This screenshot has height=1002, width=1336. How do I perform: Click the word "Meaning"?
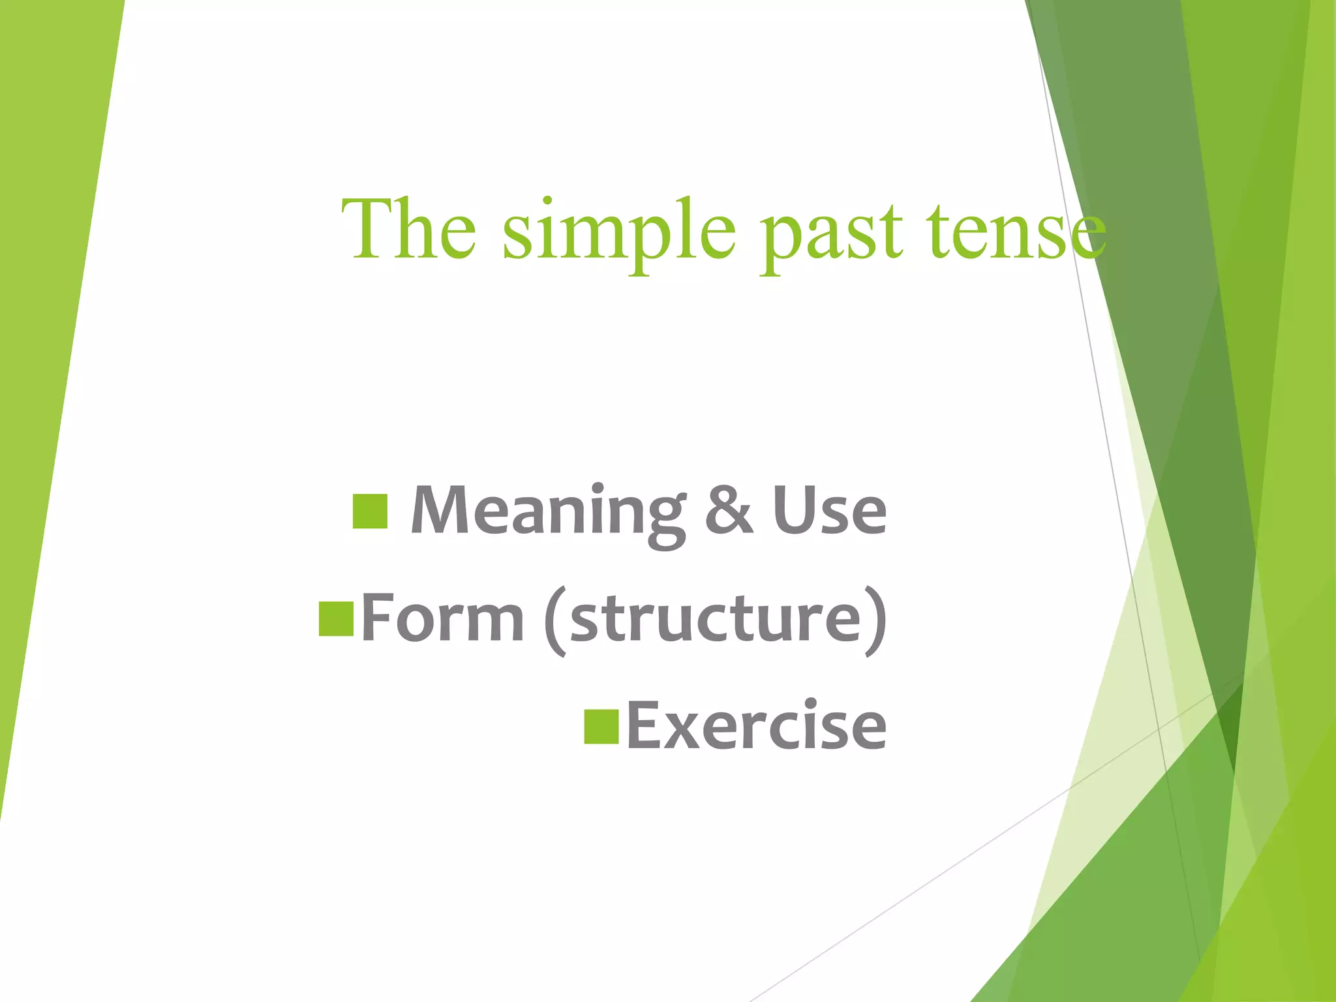tap(548, 513)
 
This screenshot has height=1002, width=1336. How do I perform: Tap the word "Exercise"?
tap(756, 725)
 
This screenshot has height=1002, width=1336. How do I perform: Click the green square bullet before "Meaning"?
tap(370, 511)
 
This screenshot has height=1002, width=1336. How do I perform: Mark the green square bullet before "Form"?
tap(336, 618)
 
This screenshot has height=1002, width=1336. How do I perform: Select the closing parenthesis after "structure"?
tap(875, 620)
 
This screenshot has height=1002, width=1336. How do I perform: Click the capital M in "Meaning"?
tap(441, 510)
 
